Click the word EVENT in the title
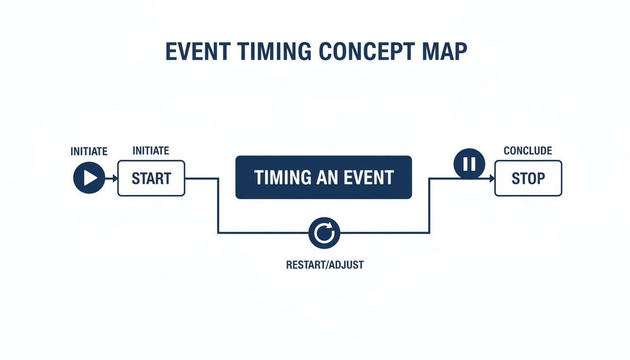click(x=197, y=52)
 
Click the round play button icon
click(x=89, y=178)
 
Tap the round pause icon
click(x=469, y=164)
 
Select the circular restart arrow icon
click(x=324, y=233)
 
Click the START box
click(x=151, y=178)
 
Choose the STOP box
click(x=528, y=178)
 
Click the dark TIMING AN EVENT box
click(x=323, y=178)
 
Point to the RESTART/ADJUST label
click(x=324, y=265)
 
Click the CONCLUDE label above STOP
click(x=527, y=151)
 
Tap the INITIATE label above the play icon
click(x=89, y=151)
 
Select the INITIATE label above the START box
click(x=151, y=151)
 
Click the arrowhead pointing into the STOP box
click(x=492, y=178)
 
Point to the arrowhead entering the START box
click(x=114, y=178)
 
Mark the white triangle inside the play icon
click(x=90, y=178)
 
